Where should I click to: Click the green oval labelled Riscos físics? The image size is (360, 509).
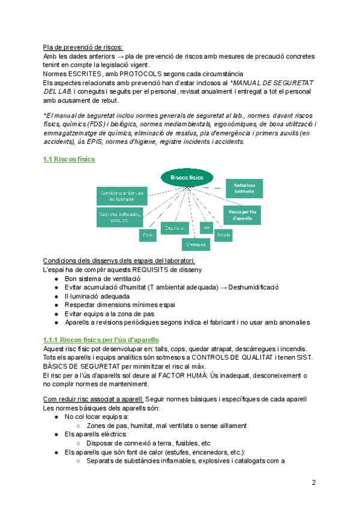click(x=187, y=178)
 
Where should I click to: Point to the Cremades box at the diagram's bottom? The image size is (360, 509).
click(x=196, y=244)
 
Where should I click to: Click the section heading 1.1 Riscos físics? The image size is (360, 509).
click(x=69, y=159)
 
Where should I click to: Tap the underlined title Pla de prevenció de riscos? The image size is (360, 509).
click(x=83, y=47)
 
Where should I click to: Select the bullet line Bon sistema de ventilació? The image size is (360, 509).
click(x=102, y=279)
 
